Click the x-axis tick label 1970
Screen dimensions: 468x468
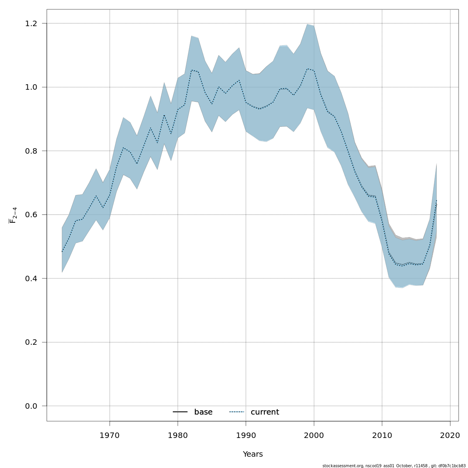[110, 435]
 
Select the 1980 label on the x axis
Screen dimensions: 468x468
[178, 435]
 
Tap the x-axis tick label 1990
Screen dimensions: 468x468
[246, 435]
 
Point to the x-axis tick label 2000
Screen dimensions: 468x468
[314, 435]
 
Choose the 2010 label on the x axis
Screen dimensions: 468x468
[382, 435]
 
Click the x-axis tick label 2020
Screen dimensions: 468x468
[450, 435]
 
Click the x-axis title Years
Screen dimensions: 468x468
[253, 454]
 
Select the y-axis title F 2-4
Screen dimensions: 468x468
[13, 215]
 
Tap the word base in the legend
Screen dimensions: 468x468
[203, 412]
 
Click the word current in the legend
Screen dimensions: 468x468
[265, 412]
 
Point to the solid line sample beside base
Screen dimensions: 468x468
[180, 412]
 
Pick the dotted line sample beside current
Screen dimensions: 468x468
[236, 412]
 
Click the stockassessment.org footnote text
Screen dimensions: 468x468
[394, 466]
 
